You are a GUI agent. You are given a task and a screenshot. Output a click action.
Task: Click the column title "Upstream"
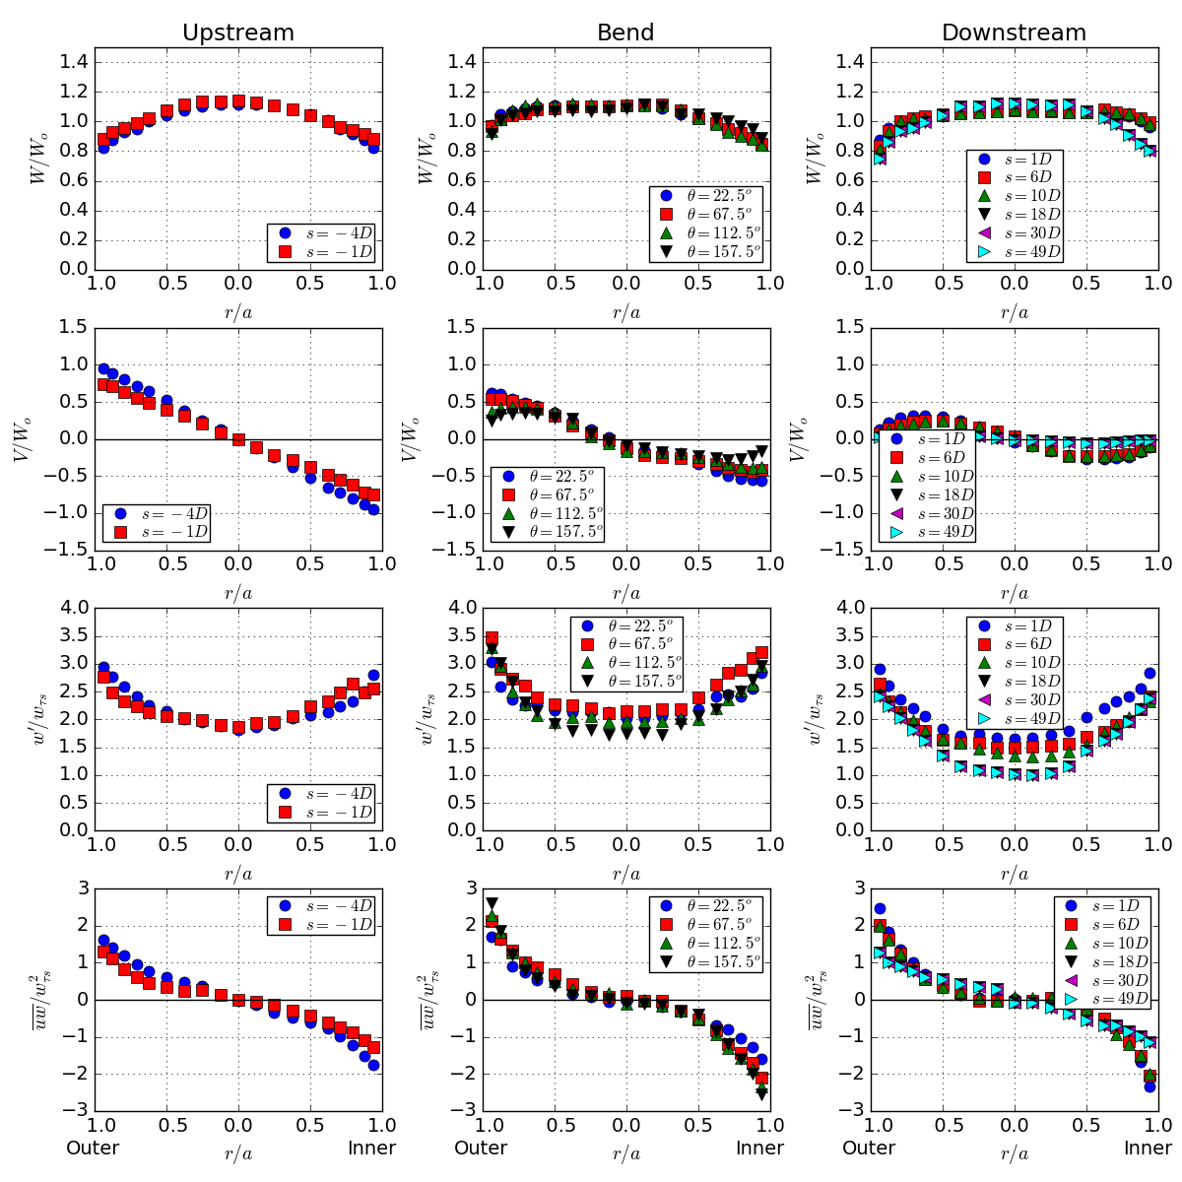pos(238,33)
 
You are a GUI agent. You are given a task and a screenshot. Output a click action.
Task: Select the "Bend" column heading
pos(625,33)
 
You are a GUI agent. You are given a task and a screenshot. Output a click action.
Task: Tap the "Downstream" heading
pos(1014,33)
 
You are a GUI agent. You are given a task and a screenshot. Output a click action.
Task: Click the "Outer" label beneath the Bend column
pos(481,1148)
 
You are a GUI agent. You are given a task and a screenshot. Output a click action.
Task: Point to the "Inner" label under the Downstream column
pos(1149,1148)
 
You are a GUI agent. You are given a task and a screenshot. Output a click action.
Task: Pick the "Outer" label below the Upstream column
pos(93,1148)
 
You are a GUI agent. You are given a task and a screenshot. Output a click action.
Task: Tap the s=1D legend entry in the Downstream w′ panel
pos(1015,625)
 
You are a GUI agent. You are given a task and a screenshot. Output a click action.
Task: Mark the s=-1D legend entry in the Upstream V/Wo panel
pos(159,532)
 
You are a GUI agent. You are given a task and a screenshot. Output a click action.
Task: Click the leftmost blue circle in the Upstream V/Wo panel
pos(103,369)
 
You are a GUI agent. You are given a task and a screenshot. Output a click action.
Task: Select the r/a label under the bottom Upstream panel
pos(238,1152)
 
